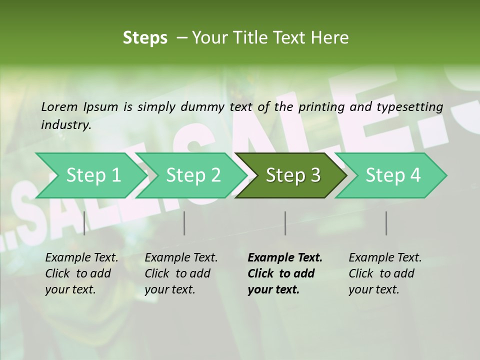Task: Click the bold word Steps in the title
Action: click(x=145, y=38)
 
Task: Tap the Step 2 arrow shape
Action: click(x=193, y=175)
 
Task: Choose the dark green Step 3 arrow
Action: click(x=293, y=175)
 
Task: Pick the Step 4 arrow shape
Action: click(x=393, y=175)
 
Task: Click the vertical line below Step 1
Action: click(x=84, y=223)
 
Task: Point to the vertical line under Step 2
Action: click(x=184, y=223)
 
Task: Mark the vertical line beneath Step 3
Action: click(x=285, y=223)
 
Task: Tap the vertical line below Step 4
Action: click(x=386, y=223)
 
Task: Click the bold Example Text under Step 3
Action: click(x=285, y=258)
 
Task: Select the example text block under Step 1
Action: click(x=81, y=273)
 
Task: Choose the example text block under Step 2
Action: click(x=181, y=273)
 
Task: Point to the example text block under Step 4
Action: click(x=385, y=273)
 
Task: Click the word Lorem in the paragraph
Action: click(x=59, y=107)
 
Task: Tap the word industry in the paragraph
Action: click(x=65, y=125)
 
